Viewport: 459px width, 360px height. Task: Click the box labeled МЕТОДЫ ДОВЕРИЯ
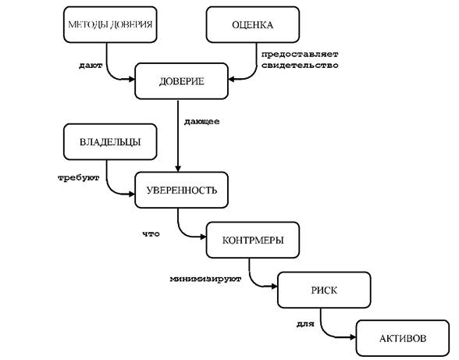point(110,25)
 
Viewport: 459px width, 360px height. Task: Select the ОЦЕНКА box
point(253,25)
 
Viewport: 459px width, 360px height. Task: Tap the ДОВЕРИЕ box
point(181,81)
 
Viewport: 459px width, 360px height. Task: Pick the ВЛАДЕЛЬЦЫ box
point(110,142)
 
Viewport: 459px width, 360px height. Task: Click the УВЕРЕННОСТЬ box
point(181,190)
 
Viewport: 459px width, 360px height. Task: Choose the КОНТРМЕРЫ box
point(253,241)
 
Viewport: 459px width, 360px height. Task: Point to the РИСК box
point(324,290)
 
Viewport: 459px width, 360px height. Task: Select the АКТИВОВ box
point(403,338)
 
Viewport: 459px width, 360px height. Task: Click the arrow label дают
point(91,66)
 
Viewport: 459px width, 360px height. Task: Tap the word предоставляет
point(300,54)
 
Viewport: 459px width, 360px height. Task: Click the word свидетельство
point(300,65)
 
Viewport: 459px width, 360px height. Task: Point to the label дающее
point(201,122)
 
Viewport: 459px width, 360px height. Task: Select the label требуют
point(79,178)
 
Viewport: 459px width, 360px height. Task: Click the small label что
point(151,233)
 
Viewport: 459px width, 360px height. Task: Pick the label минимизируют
point(205,279)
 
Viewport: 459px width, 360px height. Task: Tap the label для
point(305,324)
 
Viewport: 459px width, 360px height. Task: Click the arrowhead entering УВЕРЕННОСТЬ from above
point(178,169)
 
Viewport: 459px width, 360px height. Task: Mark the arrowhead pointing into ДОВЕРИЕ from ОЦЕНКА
point(232,79)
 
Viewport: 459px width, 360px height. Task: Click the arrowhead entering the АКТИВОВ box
point(353,337)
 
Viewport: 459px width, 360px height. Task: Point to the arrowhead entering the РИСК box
point(274,286)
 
